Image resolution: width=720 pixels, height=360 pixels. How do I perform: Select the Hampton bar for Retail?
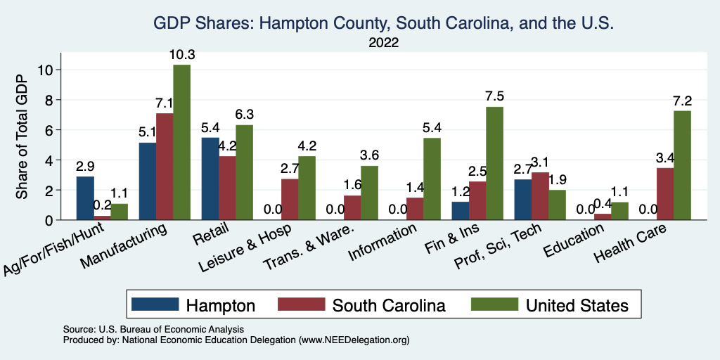(210, 179)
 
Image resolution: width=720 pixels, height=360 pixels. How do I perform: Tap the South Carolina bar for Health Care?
(664, 194)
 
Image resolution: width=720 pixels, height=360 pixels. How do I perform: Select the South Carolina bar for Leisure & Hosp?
(290, 200)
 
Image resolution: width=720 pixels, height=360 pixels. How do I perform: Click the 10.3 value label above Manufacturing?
(181, 55)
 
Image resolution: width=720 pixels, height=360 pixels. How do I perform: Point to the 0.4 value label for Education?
(603, 203)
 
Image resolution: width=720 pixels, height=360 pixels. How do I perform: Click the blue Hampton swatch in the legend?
(155, 305)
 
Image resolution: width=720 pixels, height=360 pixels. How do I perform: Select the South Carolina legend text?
(389, 305)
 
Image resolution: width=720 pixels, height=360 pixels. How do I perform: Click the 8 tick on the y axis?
(48, 100)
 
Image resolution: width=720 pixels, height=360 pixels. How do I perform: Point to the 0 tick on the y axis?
(48, 220)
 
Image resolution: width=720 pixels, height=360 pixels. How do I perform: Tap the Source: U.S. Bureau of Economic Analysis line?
(153, 329)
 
